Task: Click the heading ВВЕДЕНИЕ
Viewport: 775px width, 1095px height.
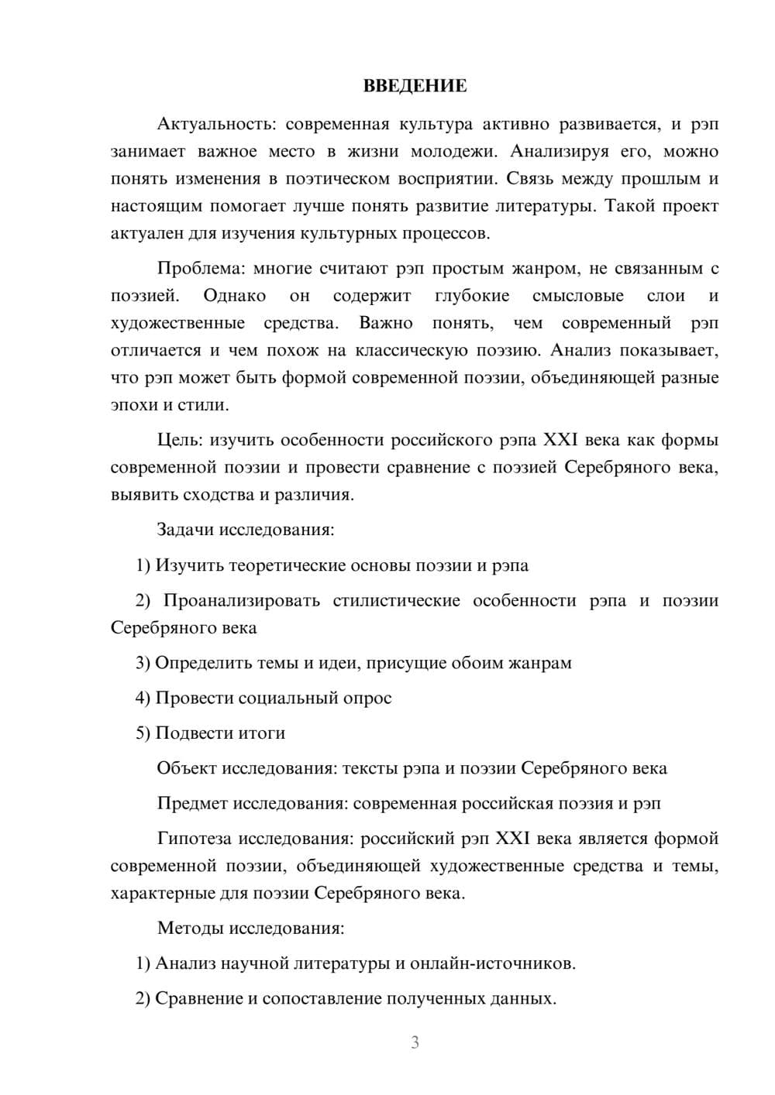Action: tap(415, 86)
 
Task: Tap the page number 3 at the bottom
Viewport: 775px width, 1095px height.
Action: tap(415, 1042)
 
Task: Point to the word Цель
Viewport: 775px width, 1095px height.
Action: tap(179, 440)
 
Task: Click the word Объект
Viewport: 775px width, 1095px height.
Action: tap(187, 768)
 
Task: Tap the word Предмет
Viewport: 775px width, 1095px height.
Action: tap(192, 803)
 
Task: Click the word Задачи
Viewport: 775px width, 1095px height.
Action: tap(185, 530)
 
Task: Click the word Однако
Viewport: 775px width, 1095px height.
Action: tap(234, 296)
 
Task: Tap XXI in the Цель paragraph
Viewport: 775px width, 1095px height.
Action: tap(560, 440)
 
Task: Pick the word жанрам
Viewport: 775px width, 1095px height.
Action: tap(539, 663)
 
